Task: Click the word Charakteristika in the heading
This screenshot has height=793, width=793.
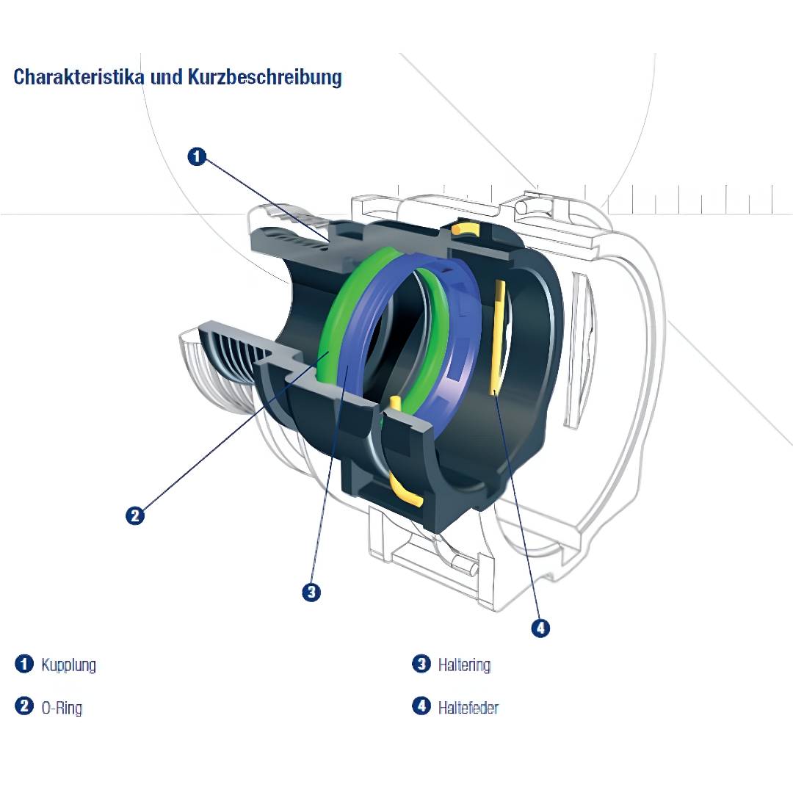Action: coord(79,76)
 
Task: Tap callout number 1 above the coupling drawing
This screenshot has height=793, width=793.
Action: coord(197,156)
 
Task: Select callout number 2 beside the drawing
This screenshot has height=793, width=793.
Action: coord(134,515)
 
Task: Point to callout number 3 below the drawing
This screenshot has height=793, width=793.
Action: coord(311,591)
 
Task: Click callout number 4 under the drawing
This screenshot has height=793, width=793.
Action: coord(540,628)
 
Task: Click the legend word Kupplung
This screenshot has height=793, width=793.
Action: coord(69,665)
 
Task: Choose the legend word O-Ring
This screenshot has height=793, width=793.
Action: coord(62,709)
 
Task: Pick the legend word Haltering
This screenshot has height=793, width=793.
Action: coord(464,665)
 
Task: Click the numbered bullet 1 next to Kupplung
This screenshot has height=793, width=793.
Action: coord(24,664)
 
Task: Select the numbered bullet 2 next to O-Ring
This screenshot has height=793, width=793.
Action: coord(24,707)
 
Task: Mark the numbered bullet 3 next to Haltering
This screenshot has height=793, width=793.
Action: coord(421,664)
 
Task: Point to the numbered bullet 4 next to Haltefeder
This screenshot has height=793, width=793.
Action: coord(421,707)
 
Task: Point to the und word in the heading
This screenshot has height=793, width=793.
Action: coord(166,76)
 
